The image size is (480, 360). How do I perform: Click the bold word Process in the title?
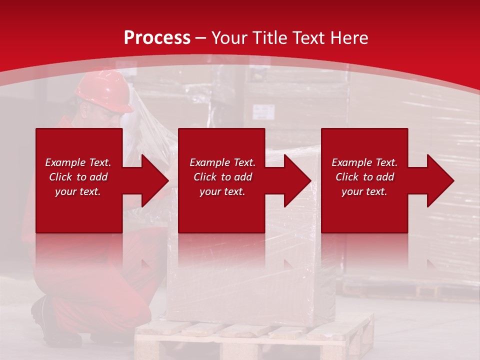[157, 37]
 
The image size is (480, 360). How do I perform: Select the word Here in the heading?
[349, 37]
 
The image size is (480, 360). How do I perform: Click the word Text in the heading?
[309, 37]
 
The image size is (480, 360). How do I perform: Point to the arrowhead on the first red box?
[154, 180]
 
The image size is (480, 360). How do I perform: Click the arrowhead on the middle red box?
[297, 180]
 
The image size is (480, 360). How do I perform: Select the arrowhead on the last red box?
[440, 180]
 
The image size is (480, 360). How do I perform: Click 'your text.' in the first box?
[78, 191]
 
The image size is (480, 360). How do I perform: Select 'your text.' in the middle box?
[222, 191]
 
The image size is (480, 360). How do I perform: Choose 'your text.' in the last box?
[364, 191]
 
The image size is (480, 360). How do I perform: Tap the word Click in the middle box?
[204, 177]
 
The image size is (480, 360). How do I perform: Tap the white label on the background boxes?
[263, 111]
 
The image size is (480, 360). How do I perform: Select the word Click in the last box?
[346, 177]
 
